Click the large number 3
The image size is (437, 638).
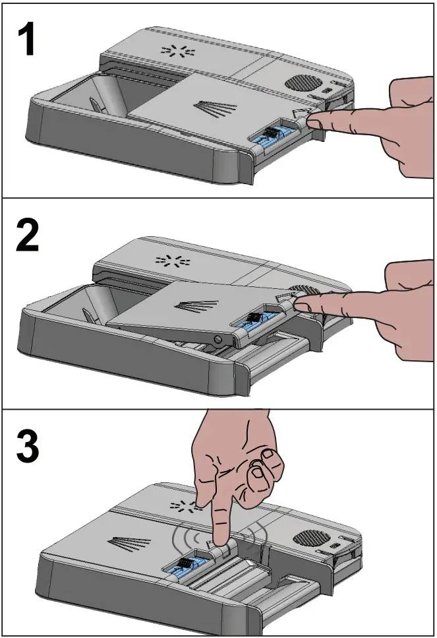(x=28, y=446)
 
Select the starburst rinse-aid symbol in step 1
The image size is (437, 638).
(x=178, y=51)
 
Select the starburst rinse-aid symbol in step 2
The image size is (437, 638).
(x=173, y=260)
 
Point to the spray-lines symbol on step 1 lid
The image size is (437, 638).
(x=215, y=108)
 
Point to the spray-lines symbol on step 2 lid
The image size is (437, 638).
(x=196, y=305)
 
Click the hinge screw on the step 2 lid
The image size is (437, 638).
(x=218, y=338)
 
